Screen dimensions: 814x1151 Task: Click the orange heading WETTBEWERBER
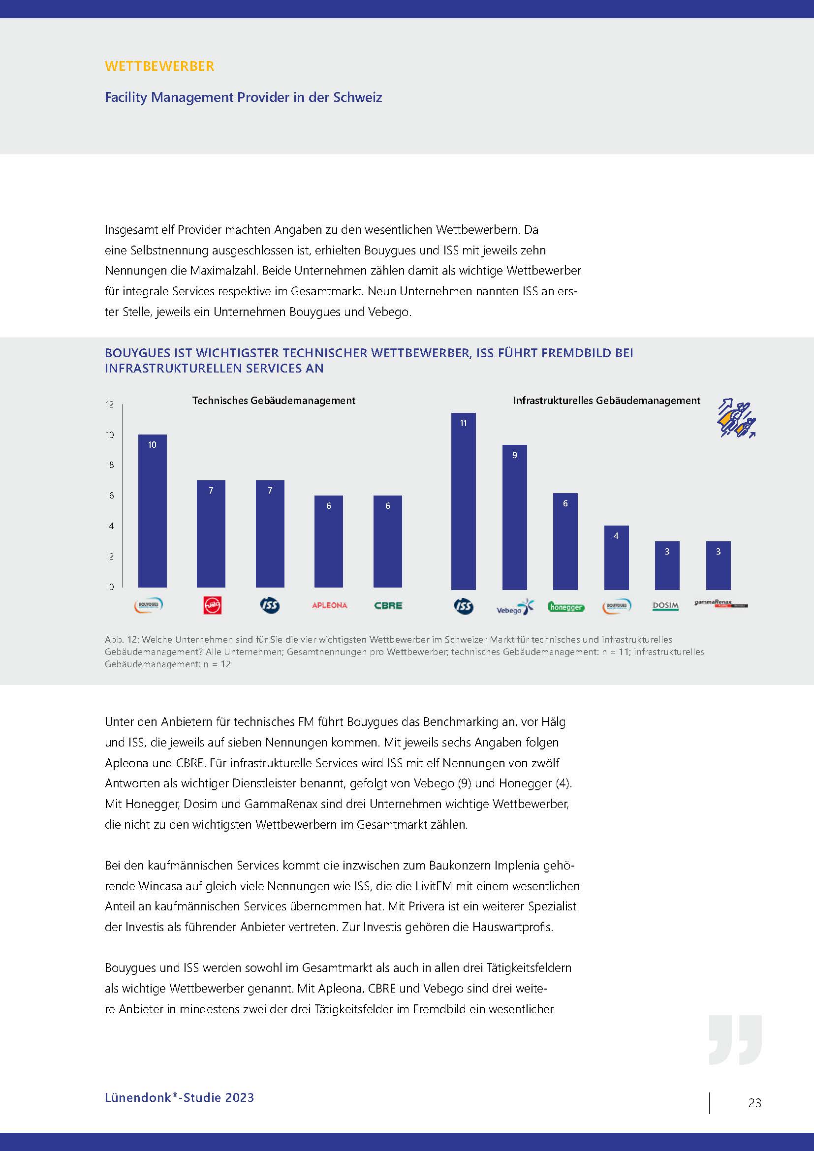tap(159, 66)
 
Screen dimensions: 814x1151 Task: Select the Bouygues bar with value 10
tap(153, 511)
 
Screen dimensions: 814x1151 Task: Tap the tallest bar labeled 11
tap(464, 501)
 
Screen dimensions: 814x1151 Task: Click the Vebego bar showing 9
tap(515, 517)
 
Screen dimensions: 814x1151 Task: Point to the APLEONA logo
tap(329, 605)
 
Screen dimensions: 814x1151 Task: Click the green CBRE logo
tap(388, 605)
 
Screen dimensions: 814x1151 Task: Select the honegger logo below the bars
tap(566, 607)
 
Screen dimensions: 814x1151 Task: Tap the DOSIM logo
tap(666, 606)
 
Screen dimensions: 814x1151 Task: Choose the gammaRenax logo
tap(720, 604)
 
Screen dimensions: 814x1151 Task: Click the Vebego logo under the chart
tap(515, 607)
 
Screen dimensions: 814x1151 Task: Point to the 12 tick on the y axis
tap(110, 404)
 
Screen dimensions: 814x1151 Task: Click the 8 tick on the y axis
tap(111, 465)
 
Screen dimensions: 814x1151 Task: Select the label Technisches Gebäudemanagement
tap(274, 401)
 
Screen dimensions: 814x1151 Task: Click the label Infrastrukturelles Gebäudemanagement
tap(606, 401)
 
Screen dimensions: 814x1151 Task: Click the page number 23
tap(755, 1102)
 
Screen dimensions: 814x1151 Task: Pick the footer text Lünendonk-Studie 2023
tap(180, 1097)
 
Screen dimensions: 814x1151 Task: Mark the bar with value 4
tap(617, 558)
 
